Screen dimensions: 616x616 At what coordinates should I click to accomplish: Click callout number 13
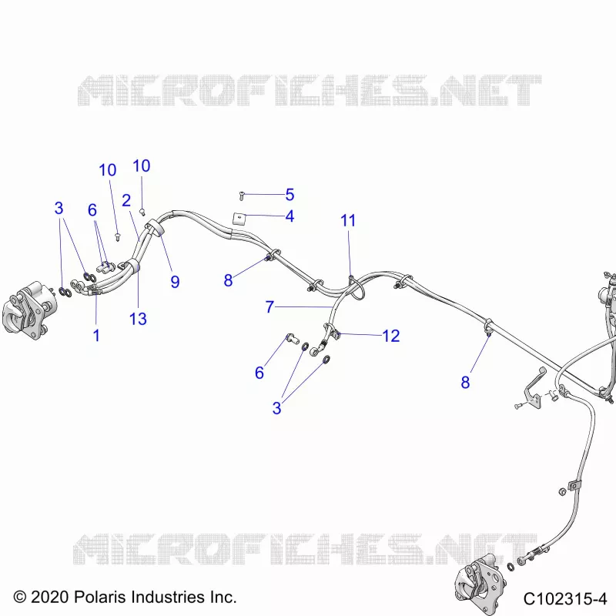tap(138, 319)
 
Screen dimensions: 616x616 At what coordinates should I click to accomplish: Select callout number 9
tap(175, 282)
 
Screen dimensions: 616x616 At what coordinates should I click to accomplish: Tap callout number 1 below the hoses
tap(96, 336)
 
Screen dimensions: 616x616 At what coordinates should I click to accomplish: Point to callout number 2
tap(126, 200)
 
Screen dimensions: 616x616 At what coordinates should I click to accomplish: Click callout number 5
tap(290, 195)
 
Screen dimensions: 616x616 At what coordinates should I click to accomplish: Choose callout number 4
tap(290, 216)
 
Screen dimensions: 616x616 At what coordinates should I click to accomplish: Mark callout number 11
tap(348, 220)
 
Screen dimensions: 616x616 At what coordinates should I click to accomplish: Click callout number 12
tap(391, 336)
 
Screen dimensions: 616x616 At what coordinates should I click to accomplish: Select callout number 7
tap(269, 306)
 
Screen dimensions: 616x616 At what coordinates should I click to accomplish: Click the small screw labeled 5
tap(242, 196)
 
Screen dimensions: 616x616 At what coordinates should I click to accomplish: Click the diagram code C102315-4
tap(565, 599)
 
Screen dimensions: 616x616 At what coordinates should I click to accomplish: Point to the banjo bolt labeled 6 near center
tap(292, 338)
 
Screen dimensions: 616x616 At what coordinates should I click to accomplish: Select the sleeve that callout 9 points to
tap(156, 228)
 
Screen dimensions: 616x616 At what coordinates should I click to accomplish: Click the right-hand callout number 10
tap(142, 166)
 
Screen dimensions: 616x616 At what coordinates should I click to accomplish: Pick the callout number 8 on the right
tap(465, 382)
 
